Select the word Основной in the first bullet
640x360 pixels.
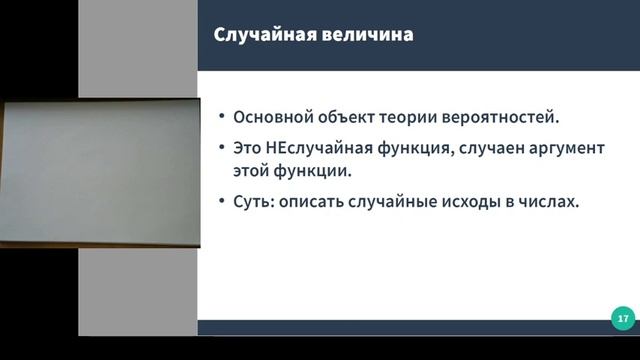(x=270, y=116)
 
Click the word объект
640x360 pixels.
(x=345, y=116)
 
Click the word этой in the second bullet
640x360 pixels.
(x=251, y=169)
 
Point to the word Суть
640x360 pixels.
(x=252, y=201)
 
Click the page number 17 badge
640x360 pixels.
(x=622, y=318)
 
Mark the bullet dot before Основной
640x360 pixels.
(x=221, y=117)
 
